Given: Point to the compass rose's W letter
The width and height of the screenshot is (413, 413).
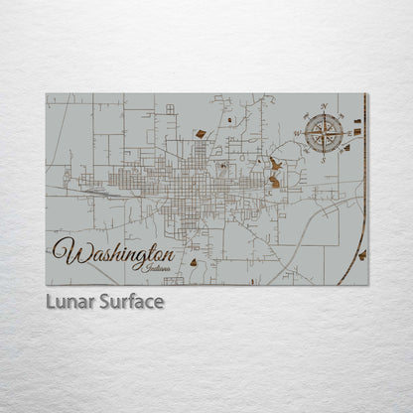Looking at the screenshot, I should (x=297, y=132).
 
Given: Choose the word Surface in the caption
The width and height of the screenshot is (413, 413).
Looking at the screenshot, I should (x=129, y=301).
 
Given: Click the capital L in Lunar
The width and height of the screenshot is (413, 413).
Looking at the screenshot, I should (x=50, y=301).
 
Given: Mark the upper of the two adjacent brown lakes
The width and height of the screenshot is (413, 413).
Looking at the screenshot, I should (x=274, y=164).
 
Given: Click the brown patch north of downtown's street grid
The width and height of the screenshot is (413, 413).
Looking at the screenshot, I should (x=201, y=133).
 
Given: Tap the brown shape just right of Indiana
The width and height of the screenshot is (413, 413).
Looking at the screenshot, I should (x=194, y=263).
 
